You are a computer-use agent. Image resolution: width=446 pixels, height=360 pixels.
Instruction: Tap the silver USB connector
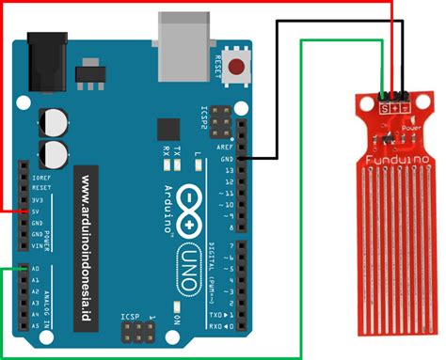[180, 36]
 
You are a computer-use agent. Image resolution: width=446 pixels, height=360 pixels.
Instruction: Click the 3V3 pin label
[38, 199]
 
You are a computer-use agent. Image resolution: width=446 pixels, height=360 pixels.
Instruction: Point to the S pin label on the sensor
[383, 106]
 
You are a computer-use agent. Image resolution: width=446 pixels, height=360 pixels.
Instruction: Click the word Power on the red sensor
[411, 125]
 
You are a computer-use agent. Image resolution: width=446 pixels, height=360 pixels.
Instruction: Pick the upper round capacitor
[54, 122]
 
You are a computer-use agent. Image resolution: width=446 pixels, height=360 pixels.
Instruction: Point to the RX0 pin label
[216, 327]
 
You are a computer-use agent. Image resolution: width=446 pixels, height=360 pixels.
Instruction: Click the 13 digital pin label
[227, 170]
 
